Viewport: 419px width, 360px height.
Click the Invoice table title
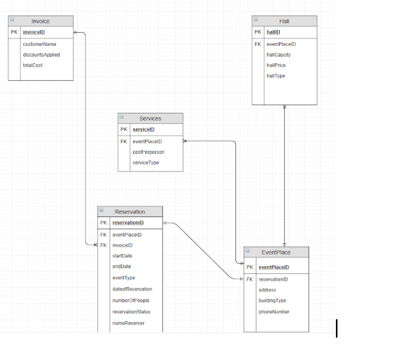click(x=40, y=21)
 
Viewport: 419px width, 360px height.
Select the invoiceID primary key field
click(x=34, y=32)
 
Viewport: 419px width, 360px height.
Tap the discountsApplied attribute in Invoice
click(x=41, y=55)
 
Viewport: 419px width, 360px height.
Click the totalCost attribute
click(x=33, y=65)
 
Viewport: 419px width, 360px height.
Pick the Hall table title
click(x=284, y=21)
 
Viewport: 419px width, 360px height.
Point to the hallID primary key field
click(x=273, y=32)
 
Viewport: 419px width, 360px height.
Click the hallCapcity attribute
click(x=278, y=55)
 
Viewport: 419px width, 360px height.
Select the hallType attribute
click(x=276, y=76)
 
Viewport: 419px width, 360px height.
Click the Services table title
click(x=150, y=118)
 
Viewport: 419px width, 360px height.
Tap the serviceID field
click(x=143, y=129)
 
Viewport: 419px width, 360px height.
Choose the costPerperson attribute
click(x=148, y=152)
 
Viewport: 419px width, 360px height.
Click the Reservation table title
click(x=129, y=212)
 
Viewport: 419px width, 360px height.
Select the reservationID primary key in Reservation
click(x=128, y=223)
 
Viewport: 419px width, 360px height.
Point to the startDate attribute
click(x=122, y=256)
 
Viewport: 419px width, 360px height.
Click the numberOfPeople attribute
click(x=130, y=300)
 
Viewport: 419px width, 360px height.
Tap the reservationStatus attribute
click(x=131, y=312)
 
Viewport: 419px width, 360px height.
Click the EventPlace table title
click(x=276, y=252)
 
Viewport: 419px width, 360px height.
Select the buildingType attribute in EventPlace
click(x=272, y=300)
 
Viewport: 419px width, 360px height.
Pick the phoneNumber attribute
click(x=274, y=312)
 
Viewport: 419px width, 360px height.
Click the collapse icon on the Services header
click(x=122, y=117)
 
